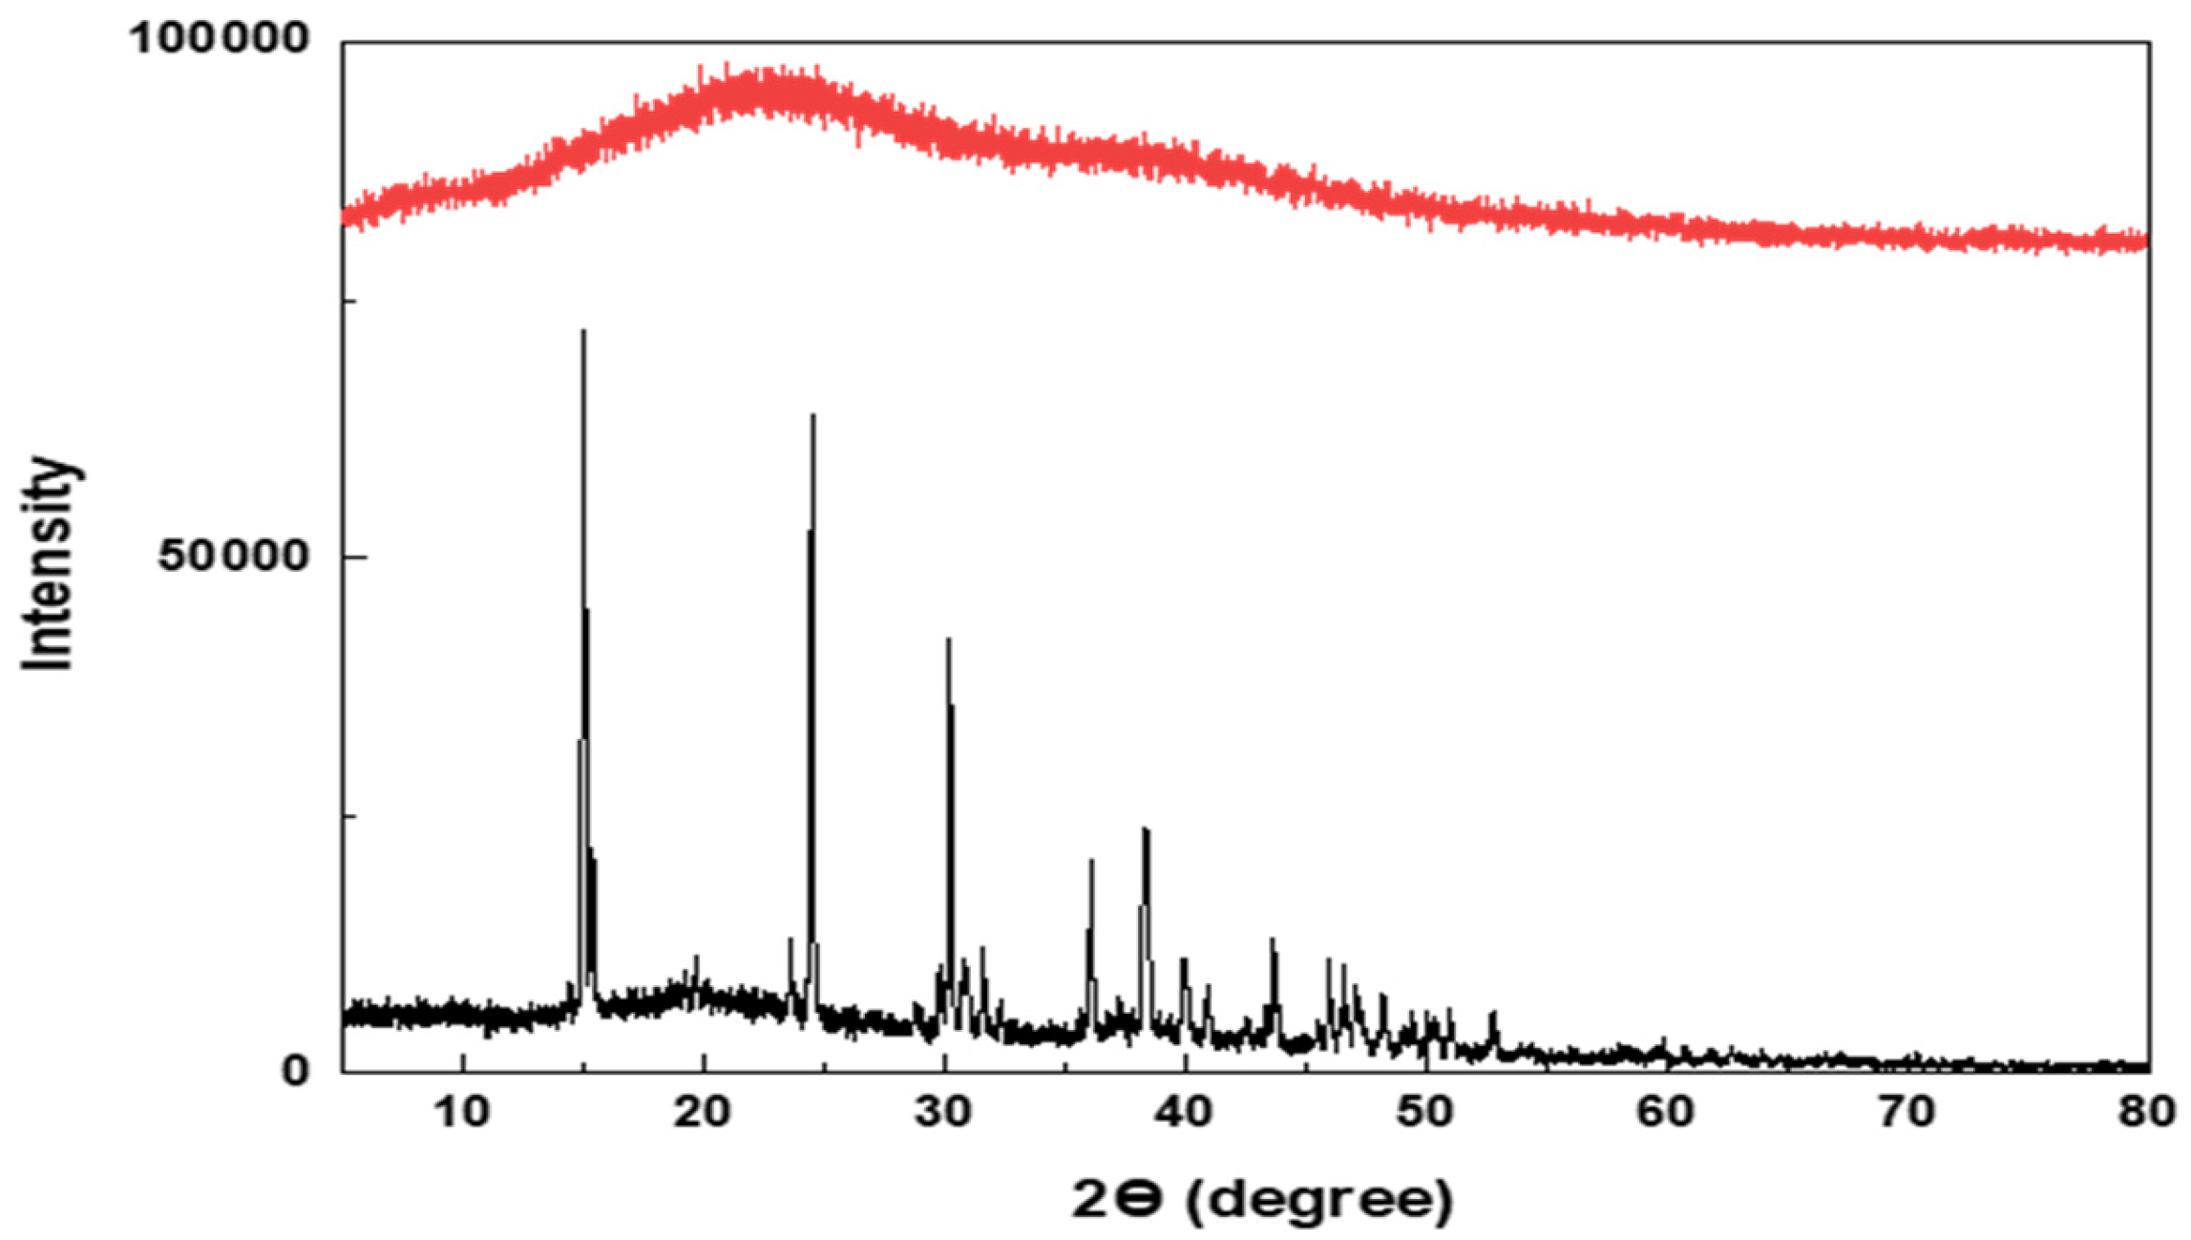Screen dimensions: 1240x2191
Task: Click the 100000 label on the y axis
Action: coord(221,39)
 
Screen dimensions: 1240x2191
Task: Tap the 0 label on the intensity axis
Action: coord(296,1070)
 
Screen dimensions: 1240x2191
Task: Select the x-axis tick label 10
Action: coord(463,1112)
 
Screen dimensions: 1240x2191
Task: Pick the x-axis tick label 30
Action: coord(944,1112)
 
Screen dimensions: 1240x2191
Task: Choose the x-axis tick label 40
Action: coord(1185,1112)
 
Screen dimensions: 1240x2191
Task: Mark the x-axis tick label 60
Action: coord(1667,1112)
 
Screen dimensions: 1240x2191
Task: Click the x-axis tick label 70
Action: coord(1907,1112)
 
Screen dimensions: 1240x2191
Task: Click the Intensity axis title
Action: coord(48,563)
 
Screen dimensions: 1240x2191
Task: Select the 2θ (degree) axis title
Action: coord(1262,1199)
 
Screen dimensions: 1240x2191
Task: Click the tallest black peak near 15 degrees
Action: coord(583,332)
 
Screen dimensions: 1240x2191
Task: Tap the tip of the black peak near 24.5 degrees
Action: coord(812,416)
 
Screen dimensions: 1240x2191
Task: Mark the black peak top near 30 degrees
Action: coord(948,641)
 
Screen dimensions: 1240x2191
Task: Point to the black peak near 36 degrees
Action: coord(1091,862)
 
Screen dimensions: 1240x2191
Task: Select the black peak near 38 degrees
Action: coord(1145,830)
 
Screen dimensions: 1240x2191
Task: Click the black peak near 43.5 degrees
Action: coord(1272,941)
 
